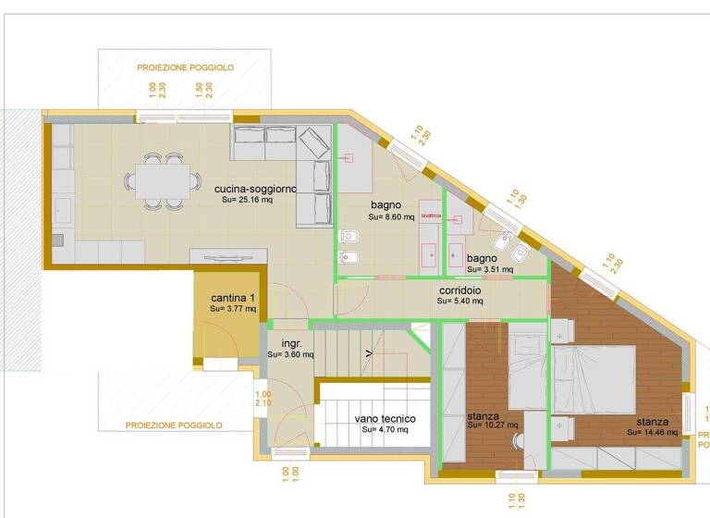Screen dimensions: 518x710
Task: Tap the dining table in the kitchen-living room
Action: click(162, 179)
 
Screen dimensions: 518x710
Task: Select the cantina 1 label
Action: click(232, 297)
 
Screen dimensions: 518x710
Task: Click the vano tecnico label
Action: click(386, 418)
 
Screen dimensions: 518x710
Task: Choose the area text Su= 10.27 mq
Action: click(493, 425)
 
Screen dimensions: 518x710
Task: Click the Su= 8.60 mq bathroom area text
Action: click(392, 216)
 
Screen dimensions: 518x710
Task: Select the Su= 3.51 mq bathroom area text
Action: click(484, 271)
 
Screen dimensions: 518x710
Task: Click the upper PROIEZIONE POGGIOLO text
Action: click(185, 68)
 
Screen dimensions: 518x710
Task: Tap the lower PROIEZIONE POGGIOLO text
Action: click(174, 425)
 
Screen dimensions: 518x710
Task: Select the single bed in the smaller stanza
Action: click(528, 370)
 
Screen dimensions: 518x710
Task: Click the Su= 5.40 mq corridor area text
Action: click(461, 301)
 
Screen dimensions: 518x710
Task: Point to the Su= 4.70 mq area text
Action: click(385, 429)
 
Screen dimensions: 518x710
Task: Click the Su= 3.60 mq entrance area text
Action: click(290, 354)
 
